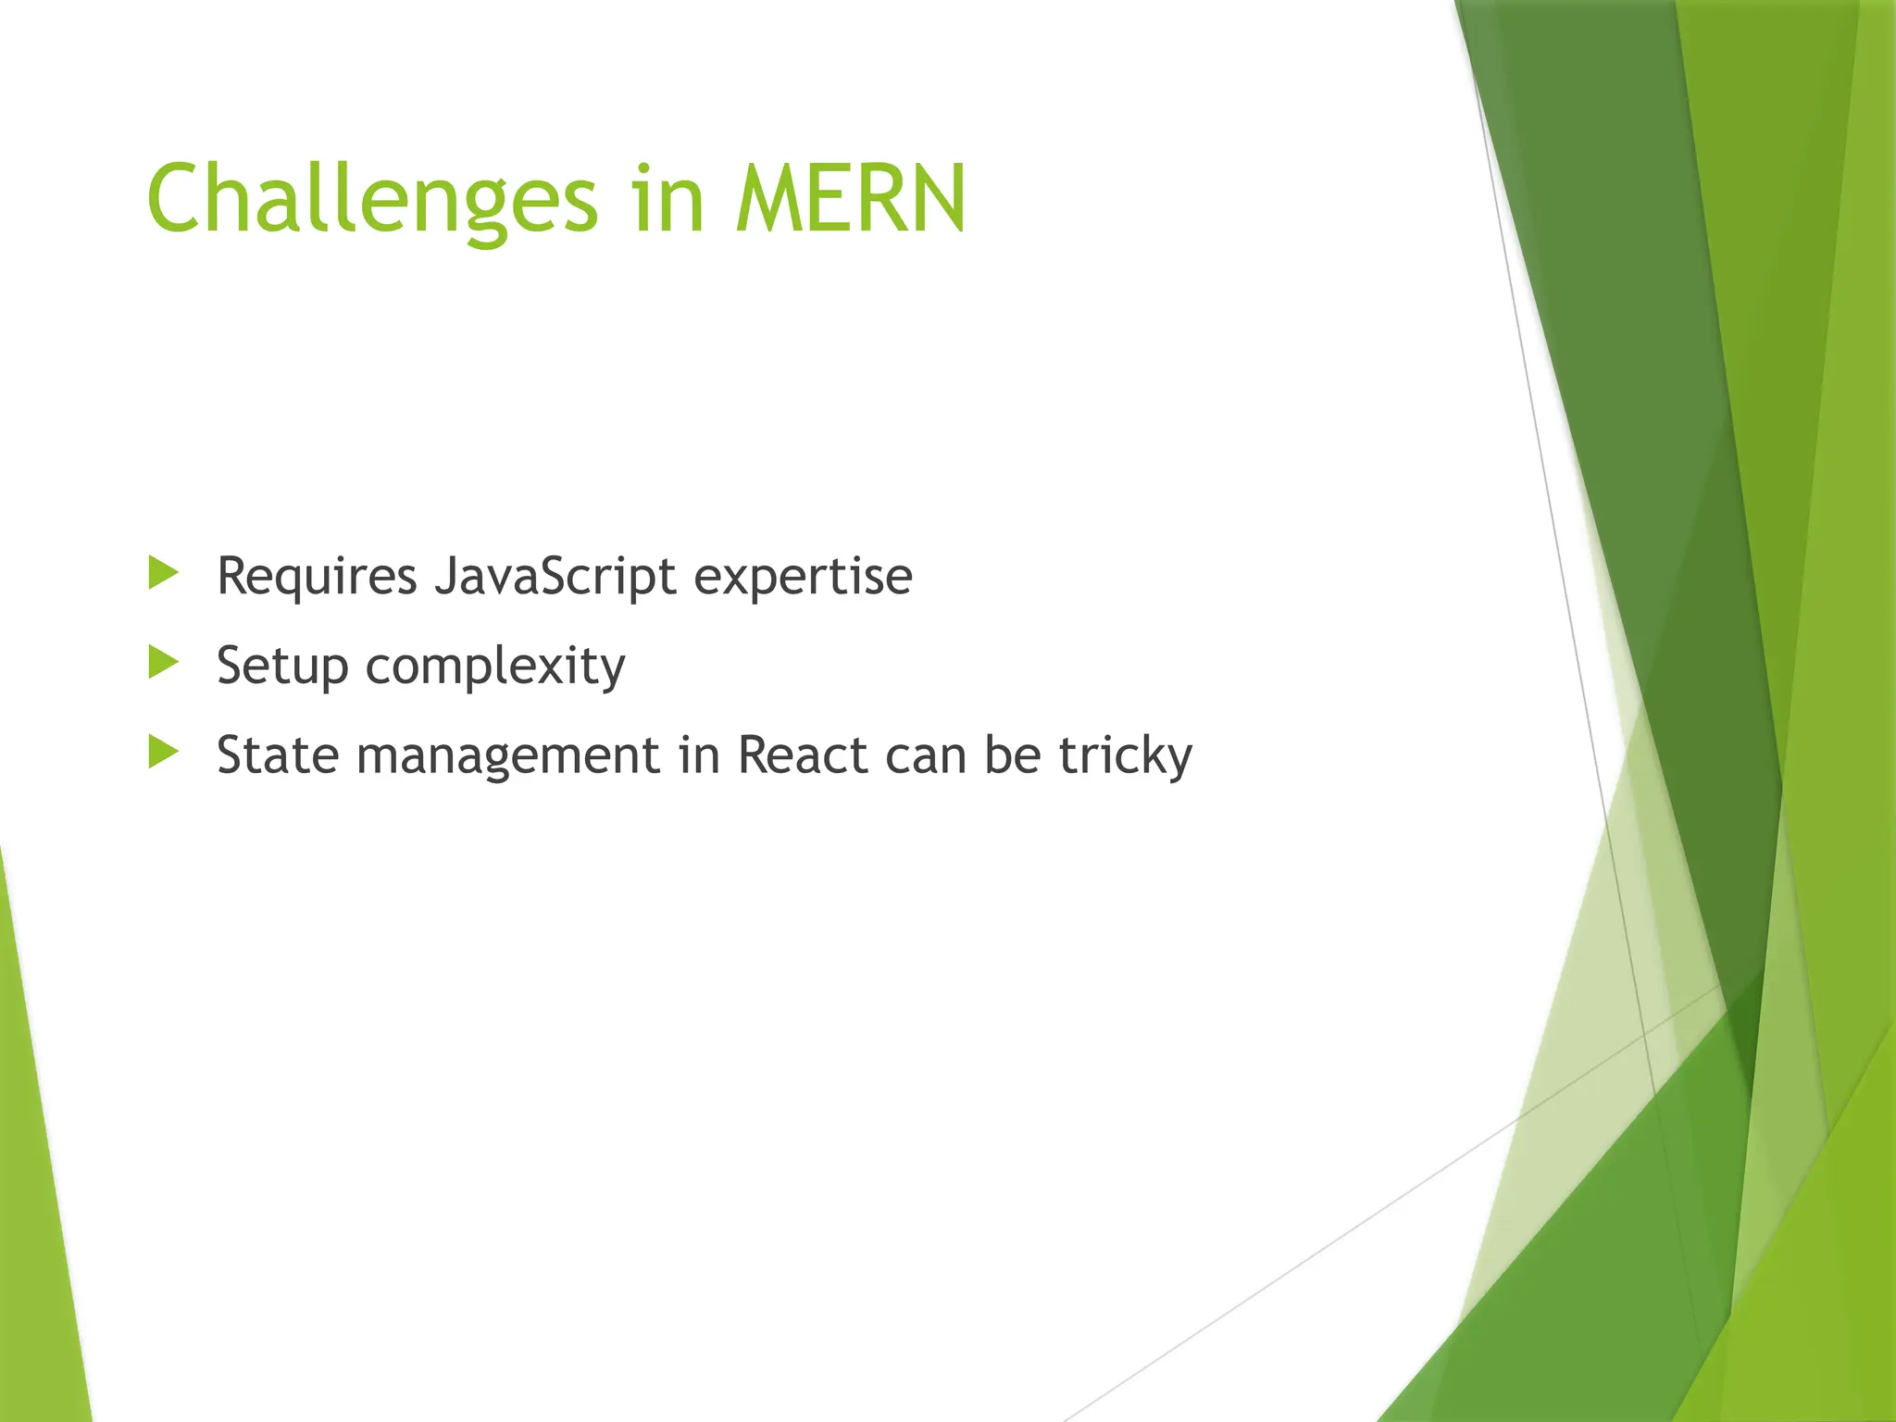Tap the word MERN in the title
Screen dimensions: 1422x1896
coord(851,200)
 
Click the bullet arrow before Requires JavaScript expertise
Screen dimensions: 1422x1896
coord(163,573)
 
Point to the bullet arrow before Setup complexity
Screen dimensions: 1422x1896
coord(163,662)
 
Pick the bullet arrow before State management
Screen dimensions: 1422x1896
coord(163,752)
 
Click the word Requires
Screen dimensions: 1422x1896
coord(317,577)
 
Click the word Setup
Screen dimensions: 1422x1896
coord(281,666)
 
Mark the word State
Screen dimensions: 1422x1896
coord(277,755)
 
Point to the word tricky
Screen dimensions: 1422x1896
coord(1125,756)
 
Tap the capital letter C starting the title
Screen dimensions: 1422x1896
coord(176,200)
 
